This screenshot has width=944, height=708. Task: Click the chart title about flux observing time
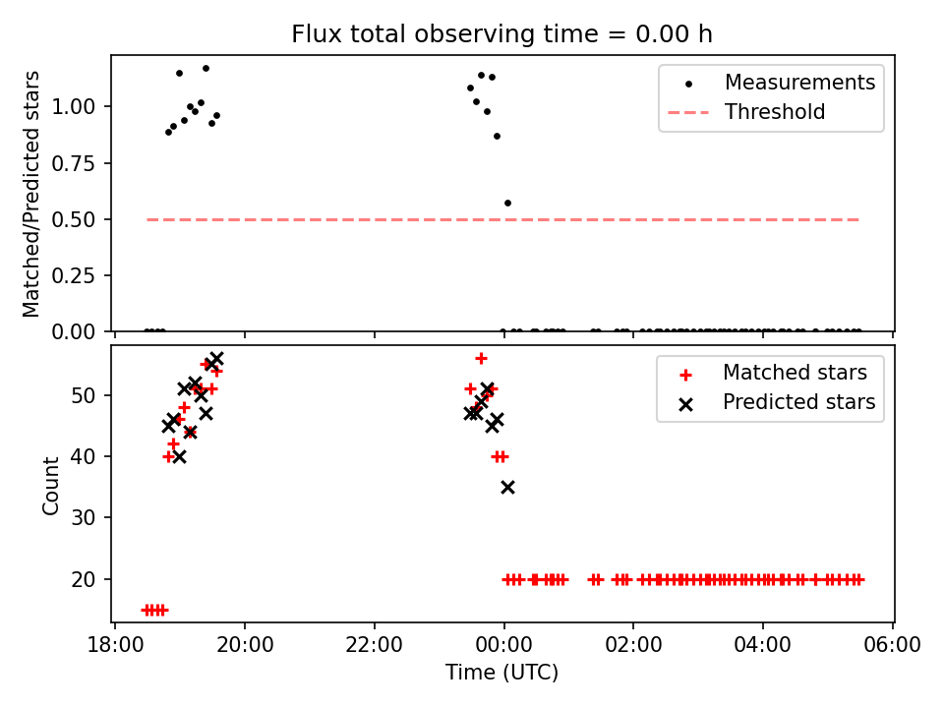coord(501,34)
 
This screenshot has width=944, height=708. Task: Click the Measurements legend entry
coord(799,83)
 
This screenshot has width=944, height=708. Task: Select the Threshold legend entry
coord(775,112)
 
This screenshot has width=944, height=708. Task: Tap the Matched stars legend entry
coord(795,373)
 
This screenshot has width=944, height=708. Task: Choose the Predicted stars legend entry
coord(798,402)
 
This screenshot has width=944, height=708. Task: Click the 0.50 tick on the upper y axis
coord(82,219)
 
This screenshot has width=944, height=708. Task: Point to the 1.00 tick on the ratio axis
coord(82,106)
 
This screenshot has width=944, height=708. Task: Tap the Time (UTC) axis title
coord(501,674)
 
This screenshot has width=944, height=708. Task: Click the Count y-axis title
coord(50,485)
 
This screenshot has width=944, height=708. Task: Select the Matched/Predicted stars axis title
coord(31,194)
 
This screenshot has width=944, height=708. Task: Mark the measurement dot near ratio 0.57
coord(507,203)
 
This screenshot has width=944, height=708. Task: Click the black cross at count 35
coord(507,487)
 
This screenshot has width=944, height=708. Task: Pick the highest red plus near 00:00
coord(481,358)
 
